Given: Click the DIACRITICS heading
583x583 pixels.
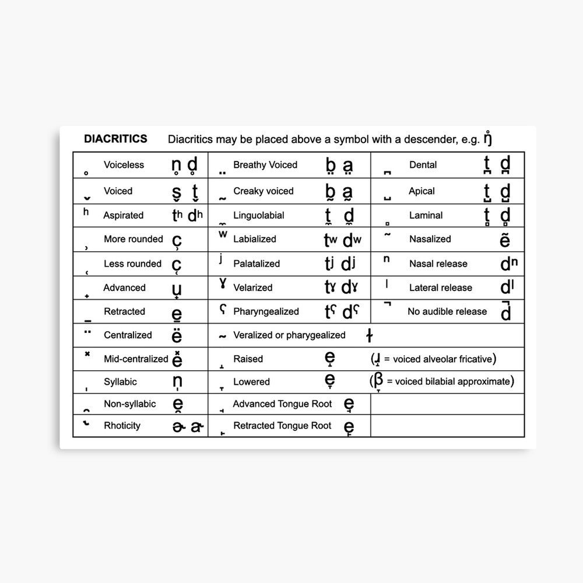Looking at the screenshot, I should (115, 139).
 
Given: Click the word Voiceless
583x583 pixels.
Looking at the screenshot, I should (124, 165).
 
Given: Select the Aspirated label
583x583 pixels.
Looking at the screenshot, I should (123, 215).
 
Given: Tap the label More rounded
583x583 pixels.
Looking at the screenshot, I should (133, 239).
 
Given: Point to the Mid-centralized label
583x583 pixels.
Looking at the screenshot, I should (136, 359).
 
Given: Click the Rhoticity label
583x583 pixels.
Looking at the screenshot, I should (122, 426).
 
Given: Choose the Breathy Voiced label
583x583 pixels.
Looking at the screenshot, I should (265, 165).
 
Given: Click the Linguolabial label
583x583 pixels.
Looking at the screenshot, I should (259, 215).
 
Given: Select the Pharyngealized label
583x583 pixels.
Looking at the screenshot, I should (266, 311).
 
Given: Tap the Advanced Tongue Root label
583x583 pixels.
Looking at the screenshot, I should (282, 404).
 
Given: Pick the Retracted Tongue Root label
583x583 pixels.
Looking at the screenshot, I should (282, 426).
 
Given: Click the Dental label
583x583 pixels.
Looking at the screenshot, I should (423, 165).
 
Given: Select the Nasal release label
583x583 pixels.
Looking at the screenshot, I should (438, 264).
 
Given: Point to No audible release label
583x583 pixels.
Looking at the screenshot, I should (447, 311).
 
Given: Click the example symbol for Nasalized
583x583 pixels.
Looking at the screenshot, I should (505, 240).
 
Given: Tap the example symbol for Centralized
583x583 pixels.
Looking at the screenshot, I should (177, 336).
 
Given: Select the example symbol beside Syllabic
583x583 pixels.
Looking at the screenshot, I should (177, 382).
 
